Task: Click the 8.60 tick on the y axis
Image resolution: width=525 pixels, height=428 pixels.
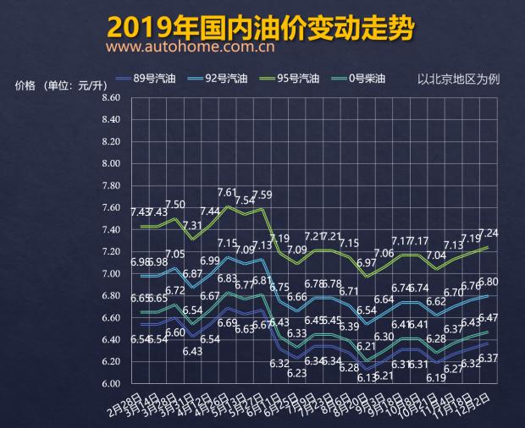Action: pos(111,98)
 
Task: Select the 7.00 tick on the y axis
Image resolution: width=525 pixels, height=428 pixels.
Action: pos(111,274)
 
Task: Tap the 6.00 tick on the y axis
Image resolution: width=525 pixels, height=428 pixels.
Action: pos(111,384)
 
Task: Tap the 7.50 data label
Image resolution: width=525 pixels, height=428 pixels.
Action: pos(175,205)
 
